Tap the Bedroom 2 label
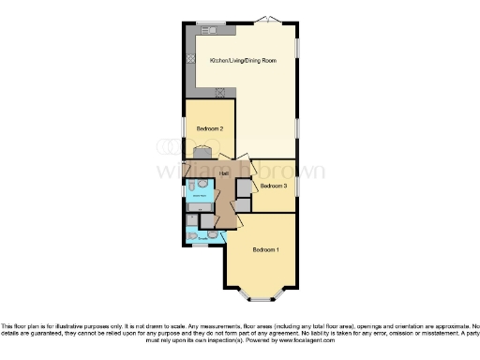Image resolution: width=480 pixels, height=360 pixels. pos(208,127)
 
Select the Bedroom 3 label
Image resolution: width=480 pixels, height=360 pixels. pos(274,186)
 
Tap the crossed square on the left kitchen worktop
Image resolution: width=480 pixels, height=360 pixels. pos(191,59)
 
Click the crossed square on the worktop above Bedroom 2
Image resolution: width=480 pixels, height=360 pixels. pos(220,92)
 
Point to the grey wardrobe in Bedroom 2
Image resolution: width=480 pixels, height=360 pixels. pos(202,152)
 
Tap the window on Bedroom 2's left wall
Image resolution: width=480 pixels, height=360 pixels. pos(184,127)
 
